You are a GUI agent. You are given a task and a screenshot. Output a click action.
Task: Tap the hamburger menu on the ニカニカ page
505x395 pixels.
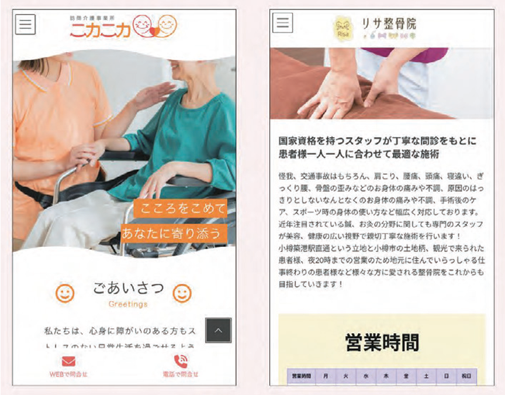25,25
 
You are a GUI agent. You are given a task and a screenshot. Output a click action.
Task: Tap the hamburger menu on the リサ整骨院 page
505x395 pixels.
282,23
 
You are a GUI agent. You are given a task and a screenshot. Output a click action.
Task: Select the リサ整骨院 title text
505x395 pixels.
388,23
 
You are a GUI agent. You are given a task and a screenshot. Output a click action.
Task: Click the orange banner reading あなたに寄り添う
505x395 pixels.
172,233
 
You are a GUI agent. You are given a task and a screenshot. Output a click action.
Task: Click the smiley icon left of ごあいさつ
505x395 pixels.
65,293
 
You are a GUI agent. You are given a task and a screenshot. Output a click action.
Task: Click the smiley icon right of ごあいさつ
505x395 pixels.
182,293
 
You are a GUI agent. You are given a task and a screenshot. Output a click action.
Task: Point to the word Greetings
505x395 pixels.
128,304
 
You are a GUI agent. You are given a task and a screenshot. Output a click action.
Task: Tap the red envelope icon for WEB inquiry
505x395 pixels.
68,361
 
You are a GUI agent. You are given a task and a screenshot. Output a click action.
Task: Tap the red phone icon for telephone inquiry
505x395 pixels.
181,361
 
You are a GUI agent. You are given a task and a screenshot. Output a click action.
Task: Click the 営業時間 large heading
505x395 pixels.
382,341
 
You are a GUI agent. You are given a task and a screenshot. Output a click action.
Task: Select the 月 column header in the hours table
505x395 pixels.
326,376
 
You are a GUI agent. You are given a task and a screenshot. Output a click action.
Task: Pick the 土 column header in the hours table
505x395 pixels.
426,376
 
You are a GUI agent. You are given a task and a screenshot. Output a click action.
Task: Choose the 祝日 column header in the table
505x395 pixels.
466,376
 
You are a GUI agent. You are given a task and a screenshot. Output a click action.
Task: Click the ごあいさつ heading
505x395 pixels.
128,288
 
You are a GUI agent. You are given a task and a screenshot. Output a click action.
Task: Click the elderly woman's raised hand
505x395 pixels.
153,93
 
